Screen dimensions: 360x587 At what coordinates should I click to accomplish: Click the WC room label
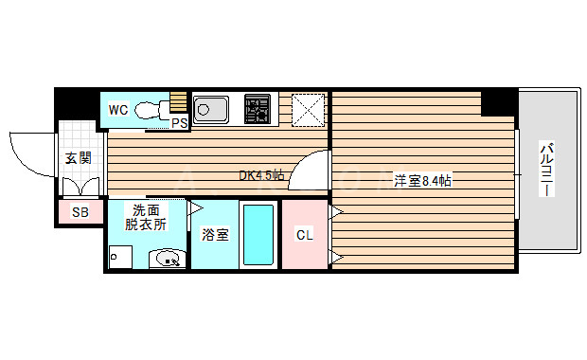(118, 110)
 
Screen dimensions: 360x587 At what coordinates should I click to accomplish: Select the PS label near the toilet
(179, 123)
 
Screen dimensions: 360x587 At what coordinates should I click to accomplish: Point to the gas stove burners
(258, 109)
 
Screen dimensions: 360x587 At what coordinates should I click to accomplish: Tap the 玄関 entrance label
(78, 158)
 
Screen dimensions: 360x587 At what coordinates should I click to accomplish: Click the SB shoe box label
(80, 213)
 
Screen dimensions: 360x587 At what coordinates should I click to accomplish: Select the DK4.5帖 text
(261, 175)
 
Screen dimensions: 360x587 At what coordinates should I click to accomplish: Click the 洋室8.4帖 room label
(422, 180)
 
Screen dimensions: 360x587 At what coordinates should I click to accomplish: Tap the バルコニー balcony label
(546, 170)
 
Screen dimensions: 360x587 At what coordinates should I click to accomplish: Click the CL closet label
(304, 234)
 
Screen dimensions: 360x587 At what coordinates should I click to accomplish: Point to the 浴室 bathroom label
(215, 234)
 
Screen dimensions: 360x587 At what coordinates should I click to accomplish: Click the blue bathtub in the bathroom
(258, 234)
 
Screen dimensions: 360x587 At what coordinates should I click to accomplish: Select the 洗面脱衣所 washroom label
(146, 217)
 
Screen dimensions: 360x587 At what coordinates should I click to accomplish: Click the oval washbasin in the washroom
(169, 256)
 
